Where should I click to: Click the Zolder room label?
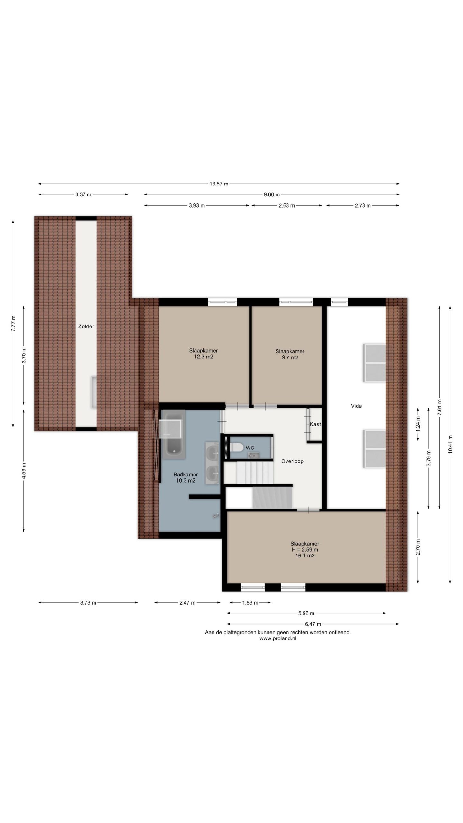(86, 326)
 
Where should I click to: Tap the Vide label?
(356, 406)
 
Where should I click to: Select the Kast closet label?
(315, 424)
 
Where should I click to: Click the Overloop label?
(292, 461)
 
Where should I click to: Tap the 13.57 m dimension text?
(219, 184)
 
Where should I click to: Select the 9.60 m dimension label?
(272, 194)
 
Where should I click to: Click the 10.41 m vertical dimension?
(450, 444)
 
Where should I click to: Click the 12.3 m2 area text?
(204, 357)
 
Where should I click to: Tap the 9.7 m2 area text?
(290, 357)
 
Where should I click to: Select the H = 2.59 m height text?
(305, 550)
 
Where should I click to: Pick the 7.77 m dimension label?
(13, 324)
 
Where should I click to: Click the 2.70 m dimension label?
(418, 547)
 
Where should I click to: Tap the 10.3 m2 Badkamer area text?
(186, 481)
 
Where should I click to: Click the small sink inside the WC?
(253, 455)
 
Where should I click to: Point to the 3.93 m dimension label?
(197, 206)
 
